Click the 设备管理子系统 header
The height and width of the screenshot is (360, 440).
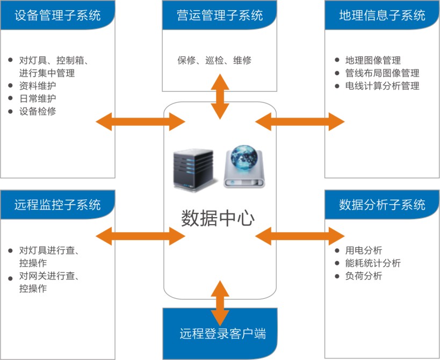click(57, 15)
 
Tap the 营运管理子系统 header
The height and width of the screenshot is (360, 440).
click(220, 15)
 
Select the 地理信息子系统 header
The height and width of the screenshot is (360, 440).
click(382, 15)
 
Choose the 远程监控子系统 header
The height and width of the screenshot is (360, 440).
click(57, 205)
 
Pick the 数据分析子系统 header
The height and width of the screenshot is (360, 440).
click(382, 205)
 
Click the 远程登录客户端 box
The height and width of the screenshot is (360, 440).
click(220, 333)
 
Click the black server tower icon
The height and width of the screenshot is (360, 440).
click(192, 169)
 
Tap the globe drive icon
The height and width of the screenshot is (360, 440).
click(244, 166)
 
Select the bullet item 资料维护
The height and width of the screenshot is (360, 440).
click(37, 86)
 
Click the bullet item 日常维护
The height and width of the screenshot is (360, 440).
click(37, 99)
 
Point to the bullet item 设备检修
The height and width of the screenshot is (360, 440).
click(37, 112)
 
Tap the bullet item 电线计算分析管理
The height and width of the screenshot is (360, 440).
click(381, 86)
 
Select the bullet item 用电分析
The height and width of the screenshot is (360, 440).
click(363, 250)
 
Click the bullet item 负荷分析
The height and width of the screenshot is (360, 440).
click(363, 276)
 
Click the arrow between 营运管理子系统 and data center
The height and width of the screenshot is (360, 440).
click(220, 96)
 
